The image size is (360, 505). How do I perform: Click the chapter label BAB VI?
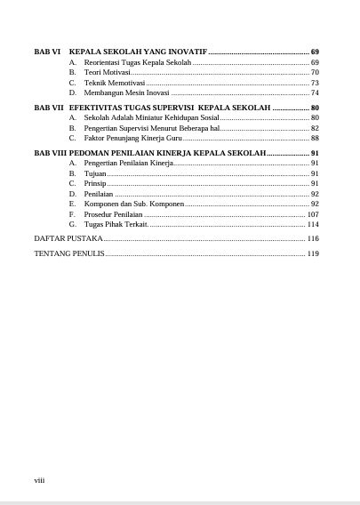point(46,52)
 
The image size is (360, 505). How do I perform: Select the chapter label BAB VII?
point(48,107)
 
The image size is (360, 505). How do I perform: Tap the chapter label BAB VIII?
point(50,153)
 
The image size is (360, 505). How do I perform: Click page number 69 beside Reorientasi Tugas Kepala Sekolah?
point(315,63)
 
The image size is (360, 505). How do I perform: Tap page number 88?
point(315,138)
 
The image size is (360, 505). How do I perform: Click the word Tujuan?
point(95,173)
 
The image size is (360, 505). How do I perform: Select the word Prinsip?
point(95,183)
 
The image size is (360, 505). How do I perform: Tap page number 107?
point(313,214)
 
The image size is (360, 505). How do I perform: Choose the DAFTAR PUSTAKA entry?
point(68,238)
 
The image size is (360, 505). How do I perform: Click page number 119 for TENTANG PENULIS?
point(313,253)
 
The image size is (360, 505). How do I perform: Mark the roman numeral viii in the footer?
point(39,480)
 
